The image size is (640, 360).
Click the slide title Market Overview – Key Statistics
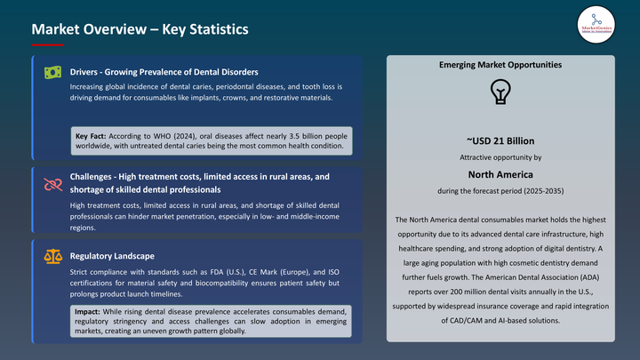(x=140, y=30)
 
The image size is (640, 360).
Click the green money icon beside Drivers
(x=52, y=72)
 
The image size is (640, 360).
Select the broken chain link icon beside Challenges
(x=52, y=183)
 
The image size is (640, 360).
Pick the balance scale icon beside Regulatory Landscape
(x=52, y=256)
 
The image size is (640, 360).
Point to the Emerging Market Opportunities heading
(x=500, y=65)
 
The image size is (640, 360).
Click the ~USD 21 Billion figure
(x=500, y=140)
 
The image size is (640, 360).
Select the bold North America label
(x=500, y=174)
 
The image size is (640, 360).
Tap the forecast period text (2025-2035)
(x=533, y=191)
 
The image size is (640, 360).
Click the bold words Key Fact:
(x=92, y=134)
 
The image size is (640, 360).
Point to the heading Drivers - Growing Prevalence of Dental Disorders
(x=164, y=71)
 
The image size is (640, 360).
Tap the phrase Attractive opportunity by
(x=500, y=158)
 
